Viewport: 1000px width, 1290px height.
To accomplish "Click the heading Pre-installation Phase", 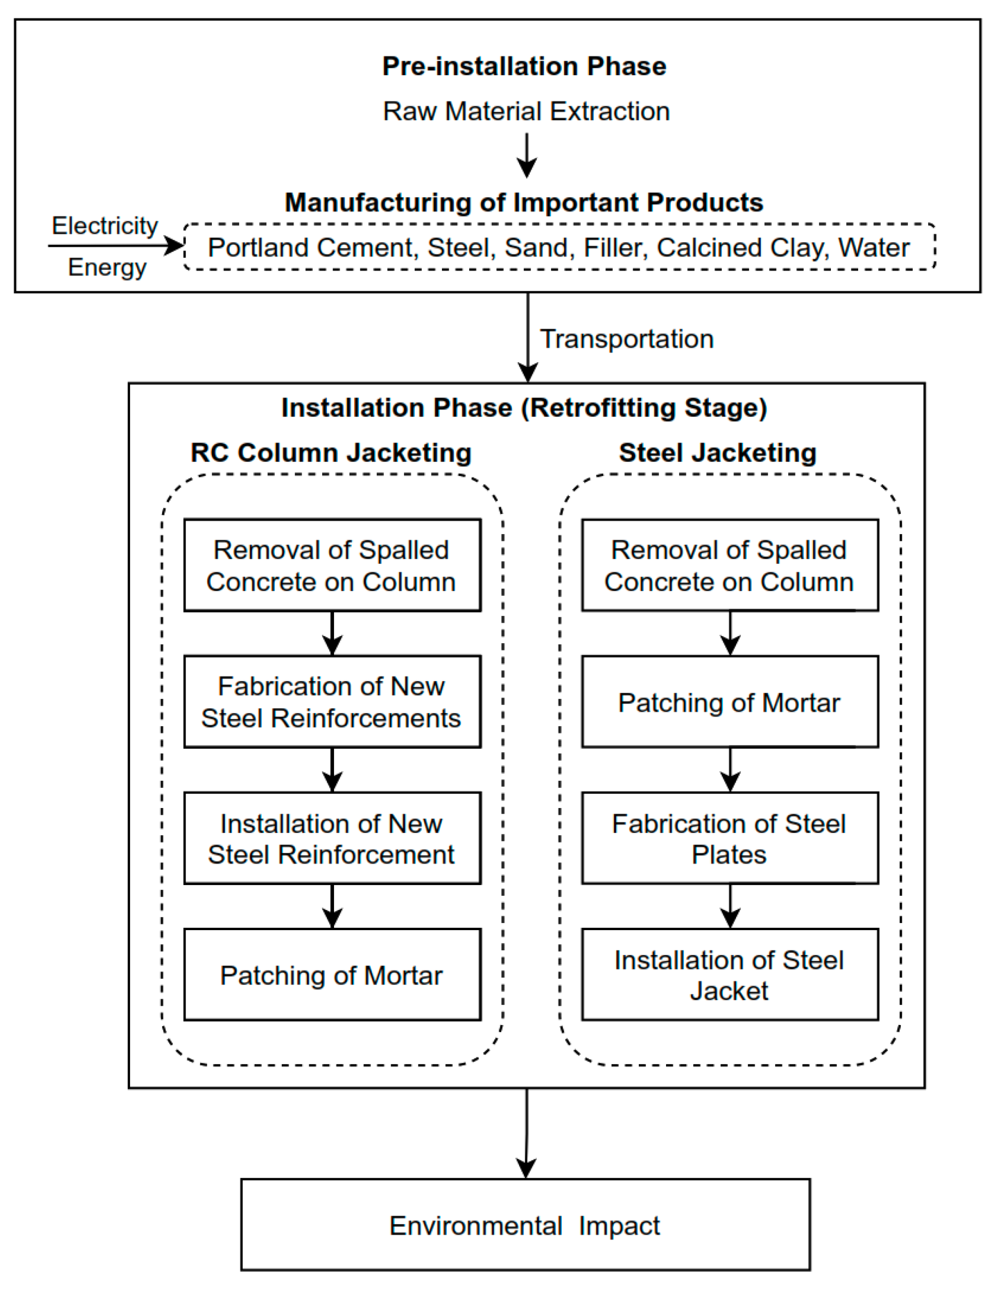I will tap(524, 66).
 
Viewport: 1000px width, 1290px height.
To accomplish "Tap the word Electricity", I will tap(105, 225).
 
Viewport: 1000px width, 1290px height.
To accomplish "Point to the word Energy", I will tap(107, 268).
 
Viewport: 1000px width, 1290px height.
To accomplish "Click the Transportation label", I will tap(627, 339).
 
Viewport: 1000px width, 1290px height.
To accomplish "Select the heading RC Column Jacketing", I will tap(331, 453).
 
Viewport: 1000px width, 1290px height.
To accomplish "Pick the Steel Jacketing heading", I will tap(718, 453).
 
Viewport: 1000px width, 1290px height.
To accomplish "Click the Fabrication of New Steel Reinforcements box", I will tap(332, 702).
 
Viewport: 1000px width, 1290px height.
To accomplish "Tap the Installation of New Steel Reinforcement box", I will tap(332, 838).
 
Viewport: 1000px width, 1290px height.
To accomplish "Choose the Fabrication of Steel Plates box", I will tap(729, 838).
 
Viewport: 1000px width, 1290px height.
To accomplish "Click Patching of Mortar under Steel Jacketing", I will tap(729, 702).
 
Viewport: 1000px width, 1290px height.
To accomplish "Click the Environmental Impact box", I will tap(525, 1226).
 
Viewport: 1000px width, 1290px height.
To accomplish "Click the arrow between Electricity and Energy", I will tap(115, 246).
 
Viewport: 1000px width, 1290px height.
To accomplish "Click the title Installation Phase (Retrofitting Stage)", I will tap(524, 408).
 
